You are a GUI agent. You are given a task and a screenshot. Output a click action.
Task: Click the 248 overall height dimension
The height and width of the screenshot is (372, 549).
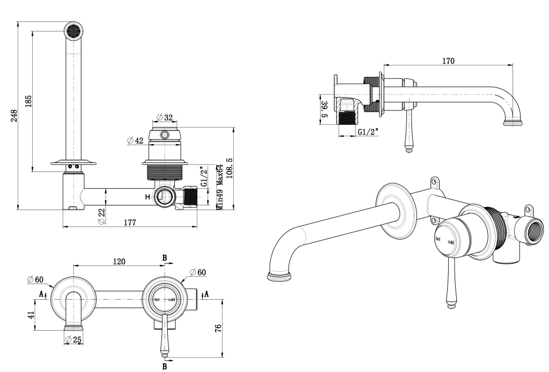coord(13,115)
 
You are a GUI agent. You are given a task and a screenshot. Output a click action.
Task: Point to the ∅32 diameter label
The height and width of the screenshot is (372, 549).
coord(165,117)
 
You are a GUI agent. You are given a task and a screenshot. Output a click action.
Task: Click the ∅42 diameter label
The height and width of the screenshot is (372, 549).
coord(136,140)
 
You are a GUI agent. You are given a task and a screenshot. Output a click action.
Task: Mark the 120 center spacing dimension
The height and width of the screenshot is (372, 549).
coord(119,261)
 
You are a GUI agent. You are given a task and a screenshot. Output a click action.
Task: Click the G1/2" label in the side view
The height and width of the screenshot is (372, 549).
coord(367,132)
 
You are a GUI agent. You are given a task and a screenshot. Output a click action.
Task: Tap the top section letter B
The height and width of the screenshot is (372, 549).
coord(165,258)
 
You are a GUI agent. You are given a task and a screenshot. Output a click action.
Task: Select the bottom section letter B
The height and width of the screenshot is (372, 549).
coord(164,367)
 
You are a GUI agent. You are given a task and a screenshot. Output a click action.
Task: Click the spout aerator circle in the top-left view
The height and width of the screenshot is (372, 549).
coord(73,31)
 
